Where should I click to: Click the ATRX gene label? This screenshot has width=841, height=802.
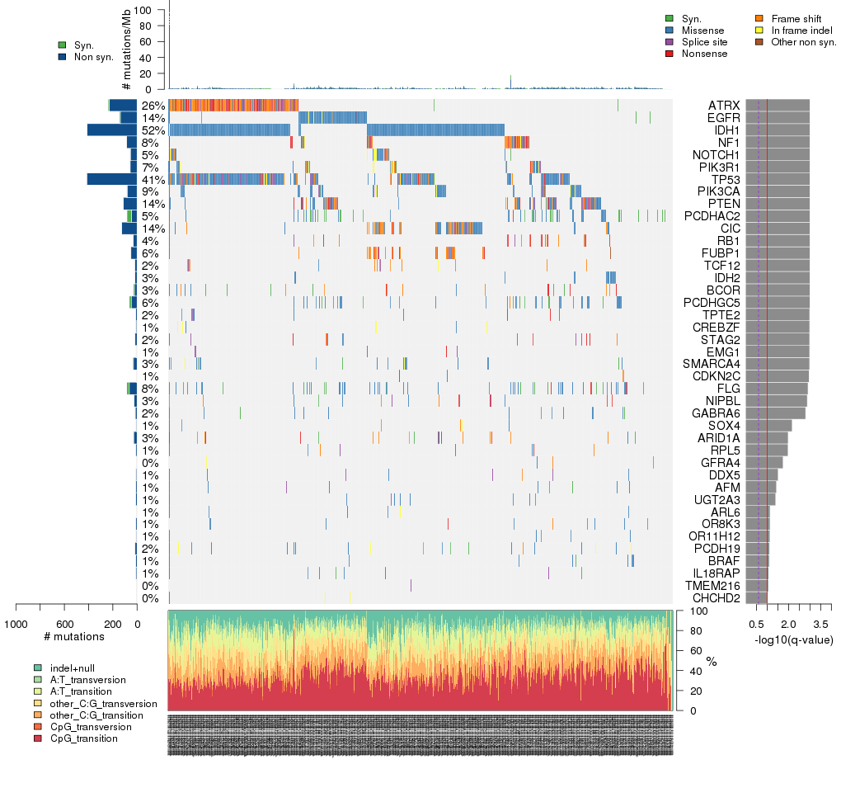pos(723,106)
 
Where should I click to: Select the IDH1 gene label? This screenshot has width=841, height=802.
pos(726,130)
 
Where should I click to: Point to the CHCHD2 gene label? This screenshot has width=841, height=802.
pos(716,597)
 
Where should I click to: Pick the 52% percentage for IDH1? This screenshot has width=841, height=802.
pos(153,130)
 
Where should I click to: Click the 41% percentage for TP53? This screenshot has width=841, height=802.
pos(153,179)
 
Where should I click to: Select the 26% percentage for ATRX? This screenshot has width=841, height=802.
pos(153,106)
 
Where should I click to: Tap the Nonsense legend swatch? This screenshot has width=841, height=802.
pos(669,54)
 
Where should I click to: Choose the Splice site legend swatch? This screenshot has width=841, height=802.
pos(669,42)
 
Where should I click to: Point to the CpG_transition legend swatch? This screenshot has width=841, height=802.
pos(38,738)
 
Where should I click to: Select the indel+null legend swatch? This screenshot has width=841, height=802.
pos(38,667)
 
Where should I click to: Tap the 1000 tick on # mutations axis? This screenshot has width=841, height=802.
pos(16,623)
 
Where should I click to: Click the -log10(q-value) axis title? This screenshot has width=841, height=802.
pos(793,640)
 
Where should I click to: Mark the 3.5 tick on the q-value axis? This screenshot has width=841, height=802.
pos(821,622)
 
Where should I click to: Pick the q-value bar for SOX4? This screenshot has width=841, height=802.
pos(768,425)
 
